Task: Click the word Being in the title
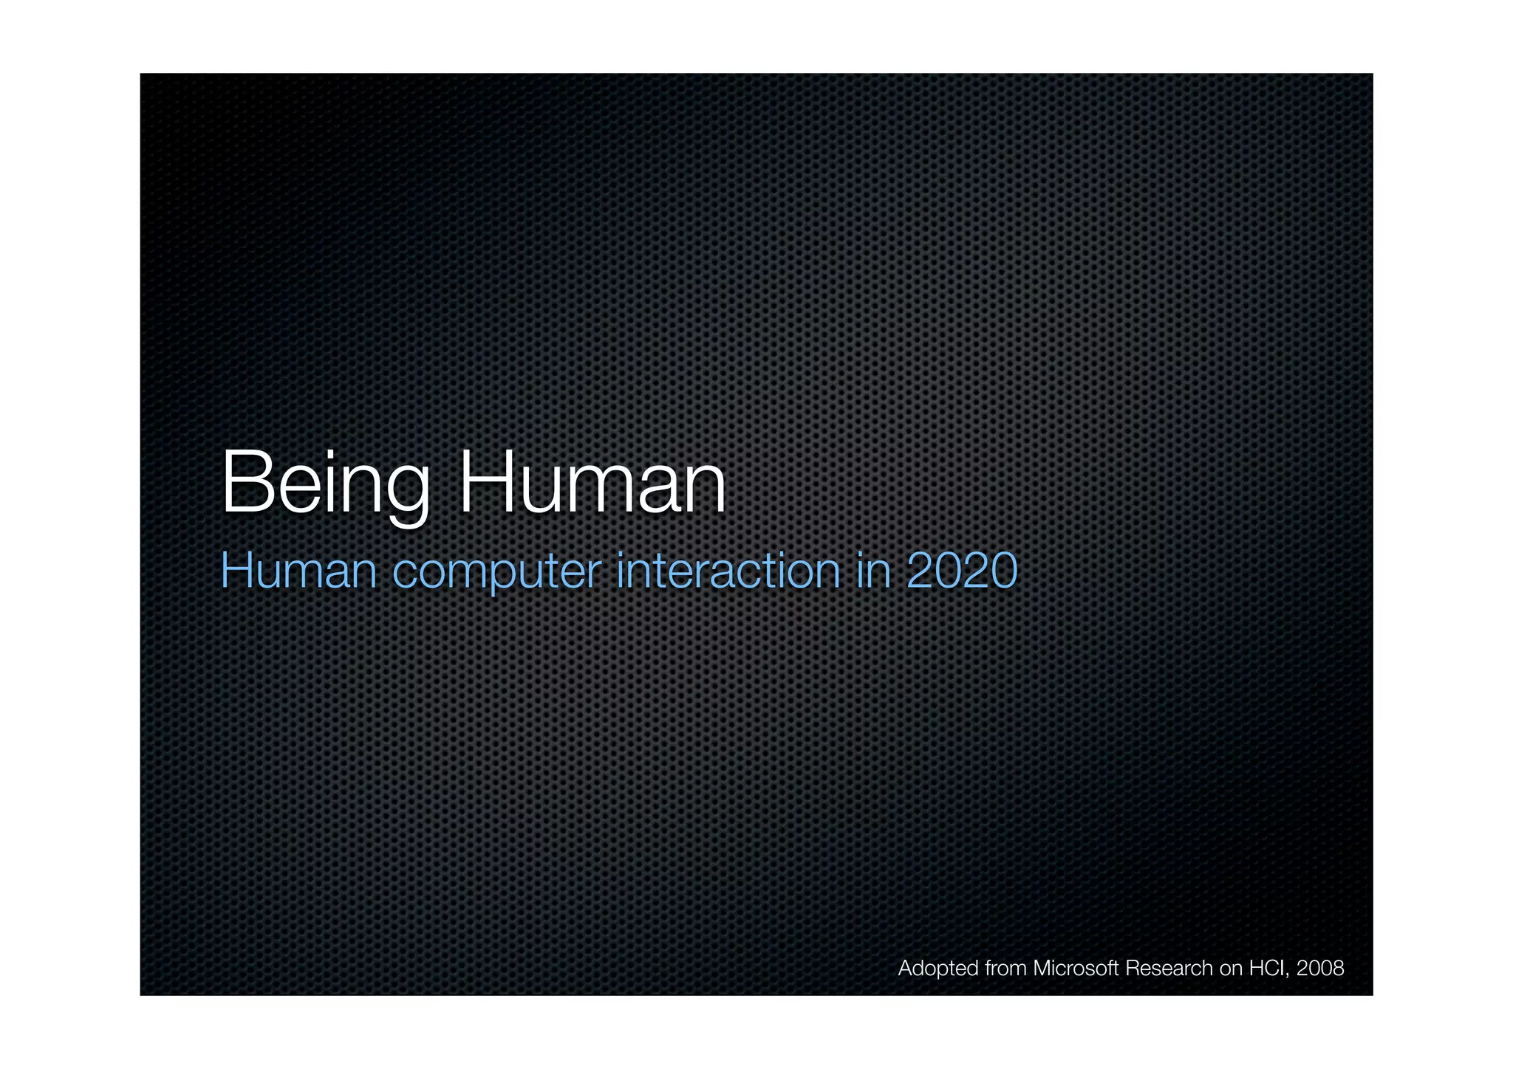click(x=326, y=484)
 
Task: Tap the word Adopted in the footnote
click(x=938, y=969)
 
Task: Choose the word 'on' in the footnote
click(x=1231, y=968)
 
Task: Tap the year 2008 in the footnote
click(x=1320, y=968)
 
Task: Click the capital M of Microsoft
click(x=1042, y=968)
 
